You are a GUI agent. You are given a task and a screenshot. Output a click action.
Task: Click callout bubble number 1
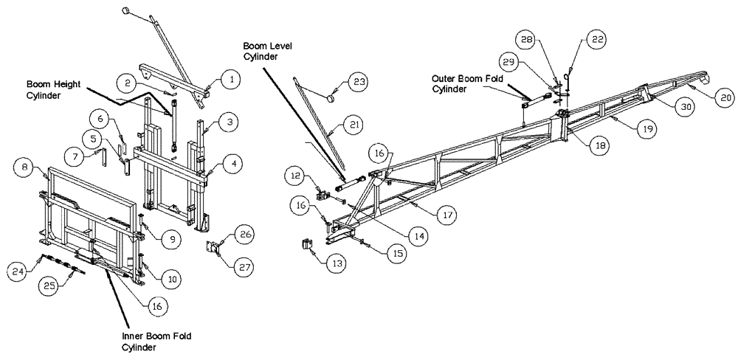coord(230,77)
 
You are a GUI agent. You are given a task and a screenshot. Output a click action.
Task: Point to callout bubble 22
coord(596,41)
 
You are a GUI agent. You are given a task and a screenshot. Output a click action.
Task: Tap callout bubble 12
coord(296,175)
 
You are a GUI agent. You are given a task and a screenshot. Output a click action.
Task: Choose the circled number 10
coord(170,279)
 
